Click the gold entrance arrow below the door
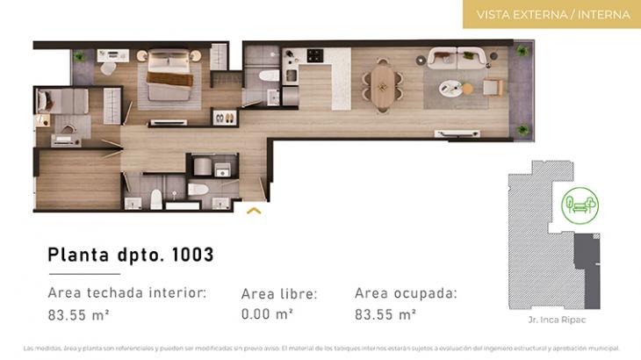coord(255,210)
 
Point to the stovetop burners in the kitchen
coord(313,56)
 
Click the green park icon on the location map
coord(580,205)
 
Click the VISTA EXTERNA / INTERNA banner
coord(552,15)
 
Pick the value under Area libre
coord(267,313)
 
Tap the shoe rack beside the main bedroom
coord(224,115)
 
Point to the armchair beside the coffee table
coord(492,86)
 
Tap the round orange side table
coord(468,89)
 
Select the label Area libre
coord(279,294)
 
